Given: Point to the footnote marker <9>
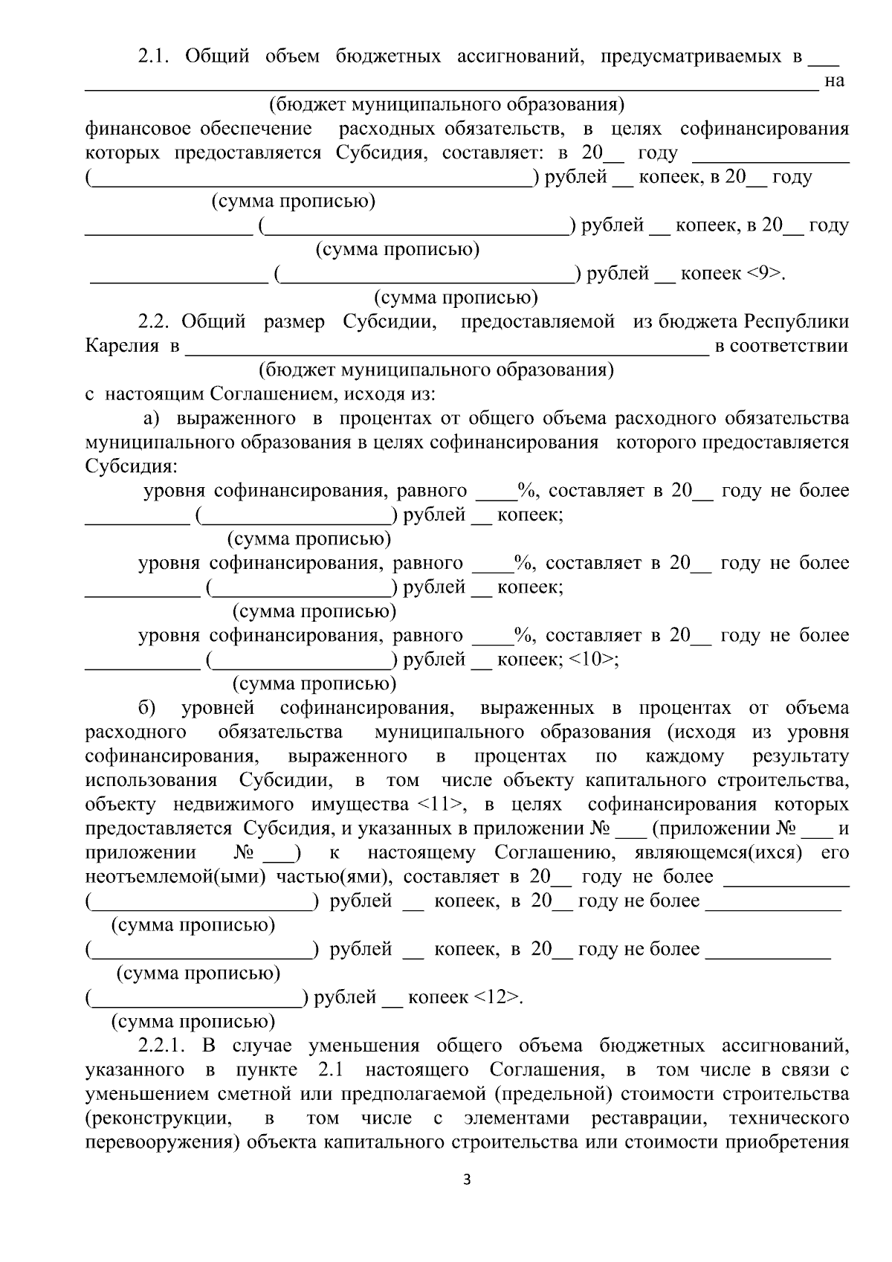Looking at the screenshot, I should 765,274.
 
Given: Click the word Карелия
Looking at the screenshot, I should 122,347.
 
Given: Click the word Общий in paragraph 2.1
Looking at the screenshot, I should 217,57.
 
